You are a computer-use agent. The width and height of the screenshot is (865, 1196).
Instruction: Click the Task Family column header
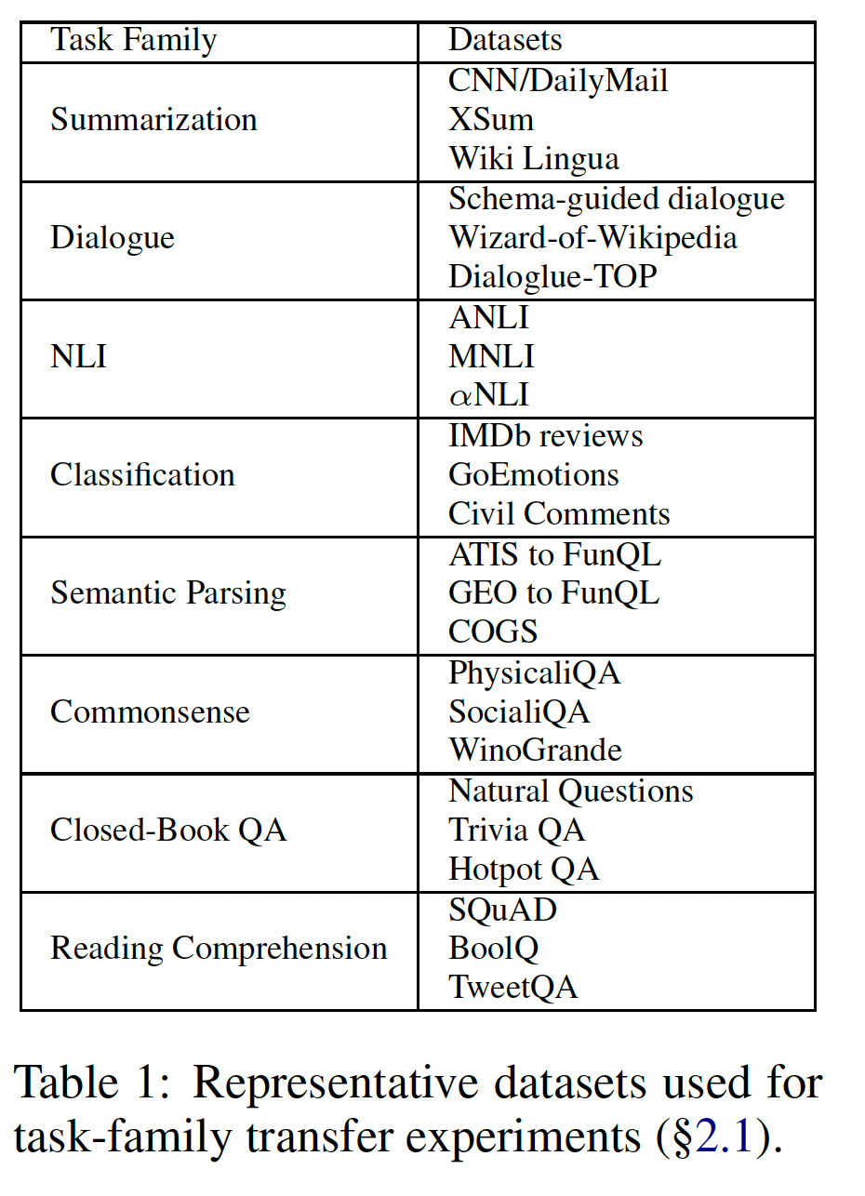[133, 41]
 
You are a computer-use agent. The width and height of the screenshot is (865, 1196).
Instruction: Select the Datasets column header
[505, 41]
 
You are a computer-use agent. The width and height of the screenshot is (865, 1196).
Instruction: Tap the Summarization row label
[153, 120]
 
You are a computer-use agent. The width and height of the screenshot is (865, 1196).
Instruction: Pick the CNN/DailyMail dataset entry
[558, 81]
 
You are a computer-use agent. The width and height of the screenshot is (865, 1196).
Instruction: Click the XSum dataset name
[491, 120]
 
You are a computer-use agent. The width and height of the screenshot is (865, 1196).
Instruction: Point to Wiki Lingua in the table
[533, 159]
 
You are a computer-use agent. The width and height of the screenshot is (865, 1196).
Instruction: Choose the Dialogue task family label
[113, 238]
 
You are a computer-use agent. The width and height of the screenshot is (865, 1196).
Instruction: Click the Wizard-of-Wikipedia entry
[592, 238]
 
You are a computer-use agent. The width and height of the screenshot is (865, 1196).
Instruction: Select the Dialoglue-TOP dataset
[552, 277]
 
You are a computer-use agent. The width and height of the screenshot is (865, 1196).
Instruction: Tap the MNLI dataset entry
[491, 356]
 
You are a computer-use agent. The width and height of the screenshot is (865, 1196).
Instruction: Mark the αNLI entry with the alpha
[488, 395]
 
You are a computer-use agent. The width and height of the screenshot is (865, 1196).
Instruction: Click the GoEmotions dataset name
[533, 475]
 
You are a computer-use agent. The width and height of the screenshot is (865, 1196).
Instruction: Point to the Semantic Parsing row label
[168, 593]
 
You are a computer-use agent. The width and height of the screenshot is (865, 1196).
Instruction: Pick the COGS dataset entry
[493, 632]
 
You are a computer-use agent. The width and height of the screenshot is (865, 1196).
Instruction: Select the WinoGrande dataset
[535, 751]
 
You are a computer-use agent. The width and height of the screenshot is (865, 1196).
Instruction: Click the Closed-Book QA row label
[168, 830]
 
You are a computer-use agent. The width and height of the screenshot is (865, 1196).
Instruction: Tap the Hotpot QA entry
[524, 870]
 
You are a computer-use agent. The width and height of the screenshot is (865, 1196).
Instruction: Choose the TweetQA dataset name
[512, 987]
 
